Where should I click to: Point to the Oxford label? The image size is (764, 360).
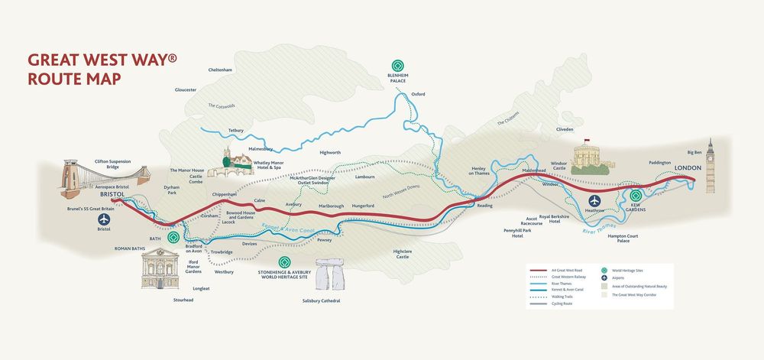tap(418, 94)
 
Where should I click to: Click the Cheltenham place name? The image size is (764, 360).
tap(220, 70)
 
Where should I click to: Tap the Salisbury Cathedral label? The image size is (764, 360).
tap(320, 301)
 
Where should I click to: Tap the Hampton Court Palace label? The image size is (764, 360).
tap(623, 238)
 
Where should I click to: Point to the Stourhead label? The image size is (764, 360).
tap(183, 300)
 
